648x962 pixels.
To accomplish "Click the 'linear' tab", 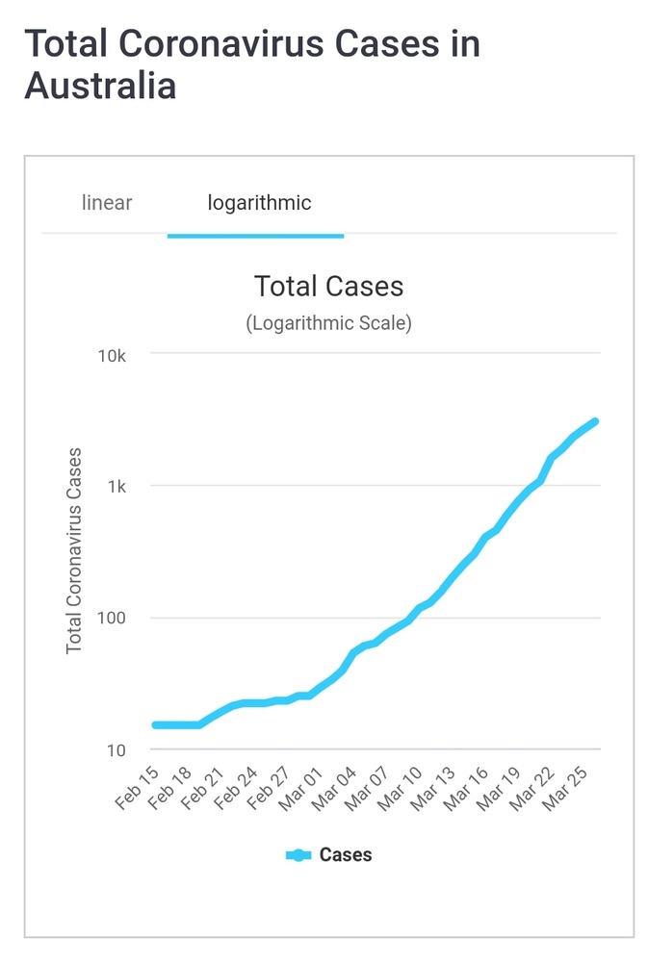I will (x=107, y=203).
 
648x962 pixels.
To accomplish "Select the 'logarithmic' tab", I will (x=259, y=203).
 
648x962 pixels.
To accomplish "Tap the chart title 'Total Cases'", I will (x=328, y=286).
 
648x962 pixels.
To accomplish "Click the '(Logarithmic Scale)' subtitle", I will (x=328, y=323).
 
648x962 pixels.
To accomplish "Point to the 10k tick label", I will (x=112, y=356).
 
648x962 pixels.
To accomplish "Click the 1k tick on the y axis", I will (x=117, y=487).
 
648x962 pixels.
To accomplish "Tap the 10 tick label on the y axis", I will (x=117, y=750).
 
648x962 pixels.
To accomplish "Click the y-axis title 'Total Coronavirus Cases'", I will (x=74, y=551).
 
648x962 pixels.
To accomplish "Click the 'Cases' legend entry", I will (x=329, y=854).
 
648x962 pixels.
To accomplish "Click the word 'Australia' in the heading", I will (x=100, y=86).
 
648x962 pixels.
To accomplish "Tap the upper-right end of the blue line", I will (x=594, y=421).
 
